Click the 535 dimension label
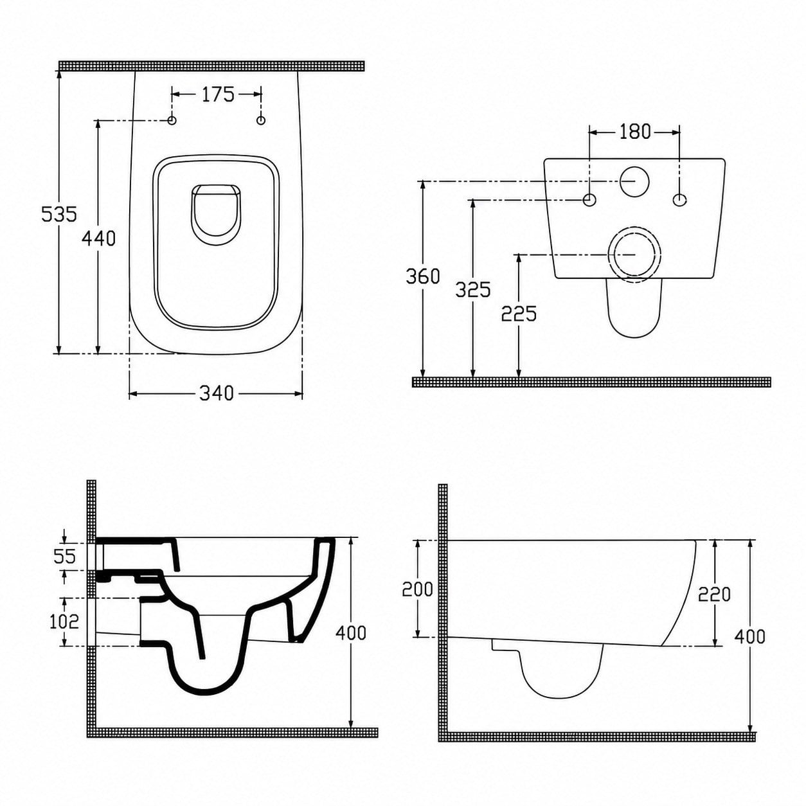point(59,214)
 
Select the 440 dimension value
point(98,239)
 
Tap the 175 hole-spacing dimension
point(217,94)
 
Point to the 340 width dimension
point(216,393)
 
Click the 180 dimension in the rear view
point(634,132)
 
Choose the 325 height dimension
point(472,290)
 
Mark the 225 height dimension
point(519,314)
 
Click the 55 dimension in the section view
point(64,557)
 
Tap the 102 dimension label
point(64,622)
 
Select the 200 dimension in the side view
point(417,589)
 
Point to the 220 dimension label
point(714,594)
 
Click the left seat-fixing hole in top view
point(172,120)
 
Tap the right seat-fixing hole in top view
point(261,120)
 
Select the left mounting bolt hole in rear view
point(589,200)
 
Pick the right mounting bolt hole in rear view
point(679,200)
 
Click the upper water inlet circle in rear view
point(634,181)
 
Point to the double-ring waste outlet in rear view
point(634,255)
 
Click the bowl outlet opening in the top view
point(216,214)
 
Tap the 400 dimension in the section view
point(350,633)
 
